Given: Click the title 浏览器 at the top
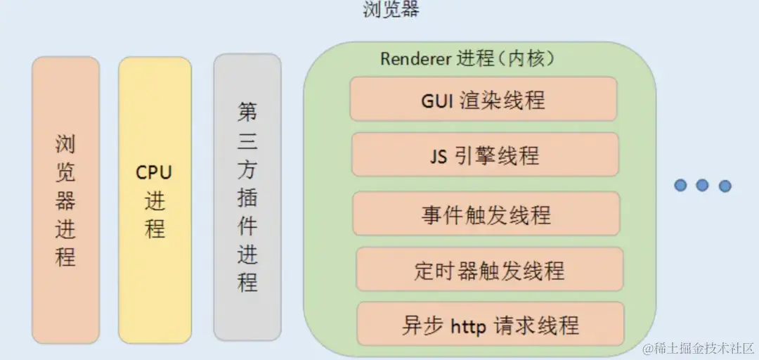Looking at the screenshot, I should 391,10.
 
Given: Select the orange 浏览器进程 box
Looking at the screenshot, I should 65,200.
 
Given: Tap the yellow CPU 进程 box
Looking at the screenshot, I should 155,200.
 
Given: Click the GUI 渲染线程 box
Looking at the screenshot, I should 484,100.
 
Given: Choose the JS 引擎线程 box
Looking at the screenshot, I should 485,155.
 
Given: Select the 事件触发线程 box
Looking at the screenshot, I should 486,214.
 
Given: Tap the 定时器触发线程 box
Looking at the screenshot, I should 489,269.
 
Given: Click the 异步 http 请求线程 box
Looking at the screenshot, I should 491,324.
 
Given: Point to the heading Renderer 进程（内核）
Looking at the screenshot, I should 468,58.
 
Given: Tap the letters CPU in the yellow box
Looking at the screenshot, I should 154,172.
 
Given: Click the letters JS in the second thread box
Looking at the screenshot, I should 439,155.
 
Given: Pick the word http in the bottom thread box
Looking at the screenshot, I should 468,325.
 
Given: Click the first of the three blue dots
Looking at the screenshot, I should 680,185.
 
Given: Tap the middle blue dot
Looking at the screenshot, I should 702,185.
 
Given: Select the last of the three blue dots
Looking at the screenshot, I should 725,186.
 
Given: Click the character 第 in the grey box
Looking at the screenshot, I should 247,111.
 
